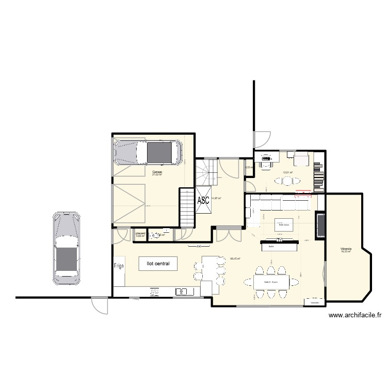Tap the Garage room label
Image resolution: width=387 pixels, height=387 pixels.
click(x=157, y=172)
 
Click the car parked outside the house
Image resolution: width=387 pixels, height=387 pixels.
click(x=66, y=248)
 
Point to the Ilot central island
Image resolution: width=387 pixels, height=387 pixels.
click(x=158, y=263)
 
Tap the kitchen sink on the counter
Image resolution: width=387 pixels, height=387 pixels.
click(x=182, y=292)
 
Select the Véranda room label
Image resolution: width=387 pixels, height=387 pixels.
click(x=346, y=250)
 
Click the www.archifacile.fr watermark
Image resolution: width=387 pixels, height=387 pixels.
click(x=354, y=316)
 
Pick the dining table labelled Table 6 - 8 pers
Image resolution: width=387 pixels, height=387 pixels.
click(x=271, y=282)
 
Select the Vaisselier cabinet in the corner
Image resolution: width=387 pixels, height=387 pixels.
click(x=314, y=302)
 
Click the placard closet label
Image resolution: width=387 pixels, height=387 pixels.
click(x=140, y=233)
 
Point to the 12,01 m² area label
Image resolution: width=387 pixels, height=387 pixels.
click(x=287, y=173)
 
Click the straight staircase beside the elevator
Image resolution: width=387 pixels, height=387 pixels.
click(x=186, y=207)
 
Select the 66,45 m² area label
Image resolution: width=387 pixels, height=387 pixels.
click(x=236, y=259)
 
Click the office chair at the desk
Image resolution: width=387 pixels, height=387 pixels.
click(x=266, y=163)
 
